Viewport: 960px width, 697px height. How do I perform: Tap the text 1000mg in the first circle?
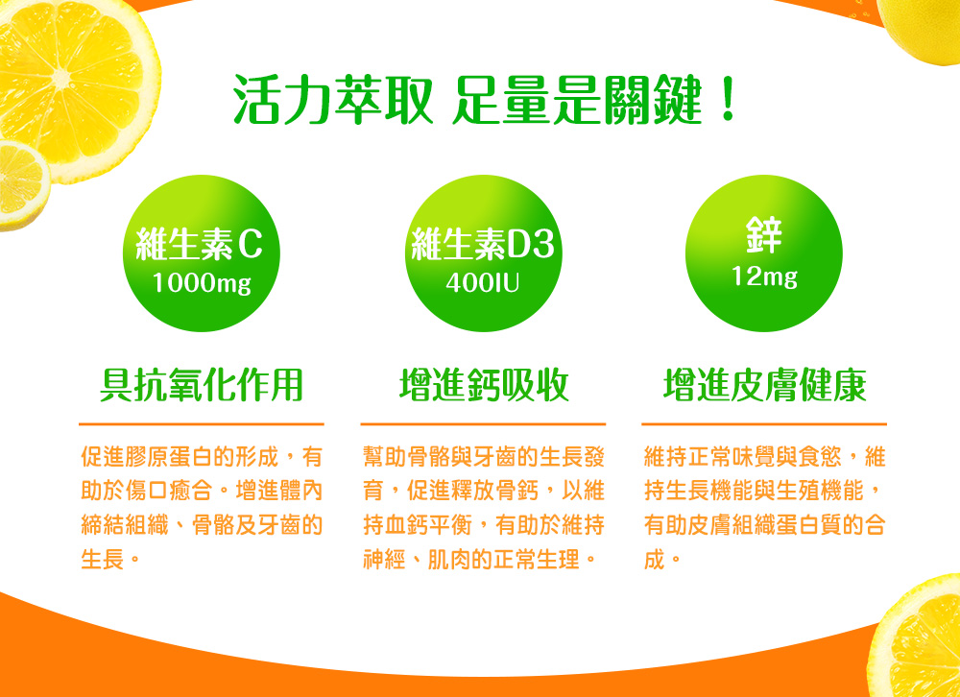pos(202,283)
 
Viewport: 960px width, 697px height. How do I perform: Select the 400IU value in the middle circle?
pos(483,283)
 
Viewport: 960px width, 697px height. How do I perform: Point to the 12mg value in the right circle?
pos(765,276)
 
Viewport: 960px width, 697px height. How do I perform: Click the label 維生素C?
pos(199,244)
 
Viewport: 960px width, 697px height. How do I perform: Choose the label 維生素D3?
pos(483,244)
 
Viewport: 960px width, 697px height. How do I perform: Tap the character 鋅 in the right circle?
pos(764,234)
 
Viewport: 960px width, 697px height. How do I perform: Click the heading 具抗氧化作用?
pos(202,385)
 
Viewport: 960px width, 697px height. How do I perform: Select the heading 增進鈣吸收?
pos(484,385)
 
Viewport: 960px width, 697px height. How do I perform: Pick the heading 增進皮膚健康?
pos(765,385)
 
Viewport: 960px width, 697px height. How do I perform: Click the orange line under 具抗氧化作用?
pos(202,423)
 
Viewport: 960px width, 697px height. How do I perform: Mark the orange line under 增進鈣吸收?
pos(483,423)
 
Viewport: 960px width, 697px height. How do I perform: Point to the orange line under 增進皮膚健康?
pos(764,423)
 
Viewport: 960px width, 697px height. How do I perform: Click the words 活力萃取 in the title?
pos(334,100)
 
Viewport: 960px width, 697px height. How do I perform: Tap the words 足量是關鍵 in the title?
pos(577,100)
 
